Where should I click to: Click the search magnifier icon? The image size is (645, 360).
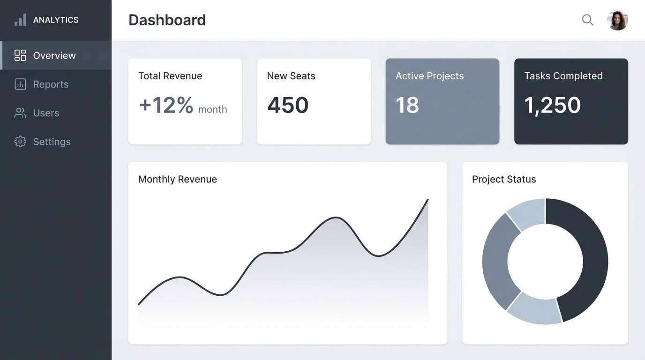coord(587,20)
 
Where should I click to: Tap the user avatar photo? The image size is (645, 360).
coord(617,20)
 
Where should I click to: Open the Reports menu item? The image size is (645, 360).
coord(51,84)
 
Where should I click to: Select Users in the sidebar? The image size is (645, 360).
coord(46,113)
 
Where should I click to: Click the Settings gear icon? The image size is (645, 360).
coord(20,142)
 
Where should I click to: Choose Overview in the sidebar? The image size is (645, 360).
coord(54,55)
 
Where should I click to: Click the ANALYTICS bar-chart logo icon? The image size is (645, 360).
coord(20,20)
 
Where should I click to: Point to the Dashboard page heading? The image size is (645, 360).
coord(167,20)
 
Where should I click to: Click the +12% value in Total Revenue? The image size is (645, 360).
coord(166,105)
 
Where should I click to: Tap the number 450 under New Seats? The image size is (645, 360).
coord(288,105)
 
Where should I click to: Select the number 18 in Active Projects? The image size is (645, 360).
coord(407,105)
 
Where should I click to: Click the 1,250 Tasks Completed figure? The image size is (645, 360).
coord(552,105)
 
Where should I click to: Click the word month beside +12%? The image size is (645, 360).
coord(212,110)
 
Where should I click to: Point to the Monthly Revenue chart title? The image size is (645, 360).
coord(177,179)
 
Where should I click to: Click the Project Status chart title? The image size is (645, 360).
coord(503,179)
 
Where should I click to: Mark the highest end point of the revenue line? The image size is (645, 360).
coord(427,200)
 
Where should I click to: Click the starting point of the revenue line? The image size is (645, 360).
coord(139,304)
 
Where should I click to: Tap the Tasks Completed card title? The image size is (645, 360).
coord(563,76)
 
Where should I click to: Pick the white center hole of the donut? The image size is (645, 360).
coord(545,262)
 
